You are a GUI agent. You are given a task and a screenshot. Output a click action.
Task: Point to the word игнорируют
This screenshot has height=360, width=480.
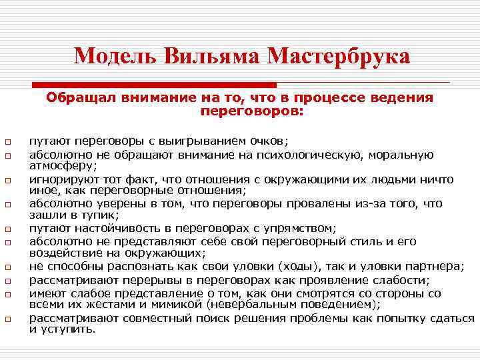pos(61,179)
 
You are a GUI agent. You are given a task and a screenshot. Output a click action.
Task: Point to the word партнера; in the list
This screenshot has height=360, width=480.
pos(434,267)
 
